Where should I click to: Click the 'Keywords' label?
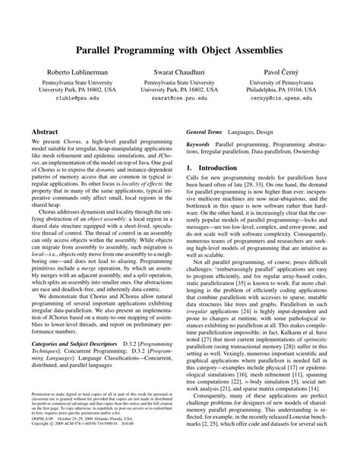(199, 144)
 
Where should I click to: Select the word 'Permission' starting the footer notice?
(43, 417)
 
